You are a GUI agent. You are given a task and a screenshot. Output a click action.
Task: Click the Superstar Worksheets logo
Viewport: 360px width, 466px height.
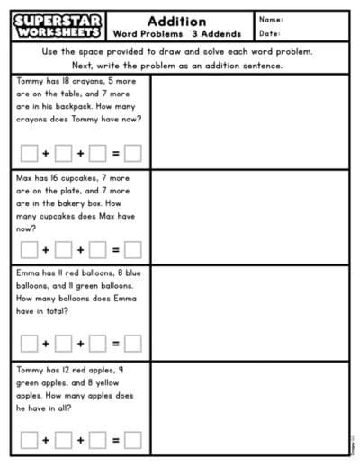(58, 25)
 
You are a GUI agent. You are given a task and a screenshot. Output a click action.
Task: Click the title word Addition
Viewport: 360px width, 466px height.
(176, 20)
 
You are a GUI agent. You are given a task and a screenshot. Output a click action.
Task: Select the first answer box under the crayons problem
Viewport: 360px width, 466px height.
(30, 153)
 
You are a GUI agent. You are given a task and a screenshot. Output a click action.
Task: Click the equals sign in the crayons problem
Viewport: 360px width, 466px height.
(115, 153)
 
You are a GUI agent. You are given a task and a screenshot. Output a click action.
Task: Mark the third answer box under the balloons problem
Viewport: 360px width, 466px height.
(98, 343)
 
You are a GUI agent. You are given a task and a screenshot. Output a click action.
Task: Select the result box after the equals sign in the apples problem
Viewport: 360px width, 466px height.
(133, 440)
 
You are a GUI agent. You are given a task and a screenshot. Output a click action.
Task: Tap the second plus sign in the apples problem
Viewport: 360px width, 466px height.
(81, 440)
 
